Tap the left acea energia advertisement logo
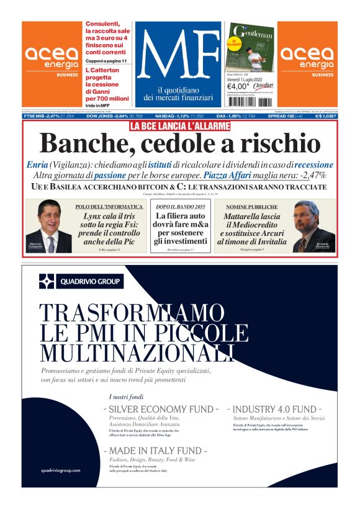[52, 58]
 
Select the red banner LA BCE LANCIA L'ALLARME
[179, 126]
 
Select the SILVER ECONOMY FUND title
[161, 410]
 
